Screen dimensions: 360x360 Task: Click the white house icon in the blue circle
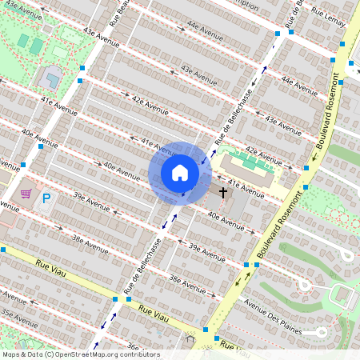pos(180,173)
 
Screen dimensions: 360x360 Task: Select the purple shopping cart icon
pos(26,194)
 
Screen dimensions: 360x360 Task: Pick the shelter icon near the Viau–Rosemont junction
pos(190,339)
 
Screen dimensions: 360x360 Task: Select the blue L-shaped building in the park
pos(50,78)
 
